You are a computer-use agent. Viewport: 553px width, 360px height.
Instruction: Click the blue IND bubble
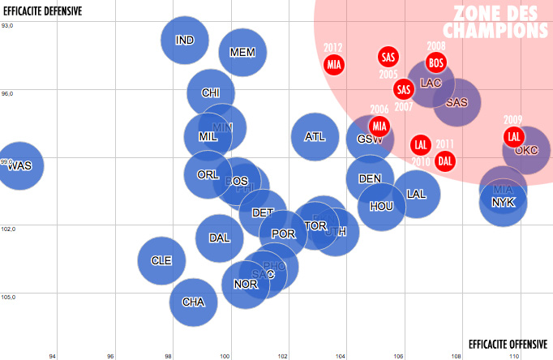pyautogui.click(x=185, y=40)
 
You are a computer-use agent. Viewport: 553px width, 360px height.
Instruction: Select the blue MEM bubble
pyautogui.click(x=242, y=52)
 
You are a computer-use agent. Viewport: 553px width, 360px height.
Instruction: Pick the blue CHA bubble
pyautogui.click(x=193, y=302)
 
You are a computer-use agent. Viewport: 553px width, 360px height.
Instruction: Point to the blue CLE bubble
pyautogui.click(x=162, y=260)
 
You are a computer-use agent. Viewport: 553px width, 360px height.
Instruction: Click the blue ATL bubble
pyautogui.click(x=315, y=136)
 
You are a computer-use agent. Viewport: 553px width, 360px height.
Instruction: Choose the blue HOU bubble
pyautogui.click(x=381, y=206)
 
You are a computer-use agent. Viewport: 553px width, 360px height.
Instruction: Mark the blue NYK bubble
pyautogui.click(x=504, y=202)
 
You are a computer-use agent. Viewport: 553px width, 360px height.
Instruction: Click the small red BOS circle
pyautogui.click(x=436, y=62)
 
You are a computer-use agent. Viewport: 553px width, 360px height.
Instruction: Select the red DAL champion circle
pyautogui.click(x=445, y=161)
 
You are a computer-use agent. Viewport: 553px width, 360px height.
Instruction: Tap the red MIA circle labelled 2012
pyautogui.click(x=334, y=64)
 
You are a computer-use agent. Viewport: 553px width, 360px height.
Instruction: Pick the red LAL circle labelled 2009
pyautogui.click(x=513, y=136)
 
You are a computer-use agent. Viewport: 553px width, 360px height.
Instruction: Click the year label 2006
pyautogui.click(x=379, y=109)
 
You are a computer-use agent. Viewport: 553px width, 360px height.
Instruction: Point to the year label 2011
pyautogui.click(x=444, y=144)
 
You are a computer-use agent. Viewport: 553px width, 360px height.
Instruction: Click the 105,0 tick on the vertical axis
pyautogui.click(x=7, y=297)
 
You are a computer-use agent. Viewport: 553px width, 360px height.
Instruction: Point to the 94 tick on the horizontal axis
pyautogui.click(x=53, y=355)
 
